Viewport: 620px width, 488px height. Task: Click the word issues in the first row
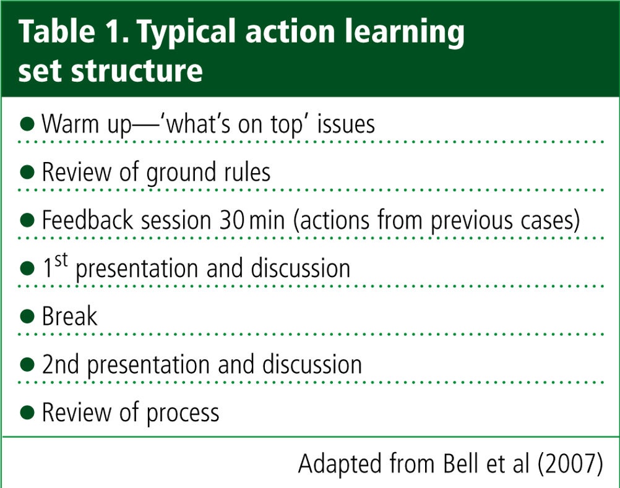point(346,124)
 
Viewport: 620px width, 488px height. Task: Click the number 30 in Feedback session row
point(231,220)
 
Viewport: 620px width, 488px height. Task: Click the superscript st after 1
point(61,260)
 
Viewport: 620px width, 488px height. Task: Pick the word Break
point(69,316)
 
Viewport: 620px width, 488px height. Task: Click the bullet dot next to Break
point(27,316)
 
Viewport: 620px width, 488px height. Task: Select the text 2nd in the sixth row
point(61,364)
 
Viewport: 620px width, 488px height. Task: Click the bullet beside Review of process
point(27,412)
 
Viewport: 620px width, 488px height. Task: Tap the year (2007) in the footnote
point(570,464)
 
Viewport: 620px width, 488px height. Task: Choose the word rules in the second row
point(247,173)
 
